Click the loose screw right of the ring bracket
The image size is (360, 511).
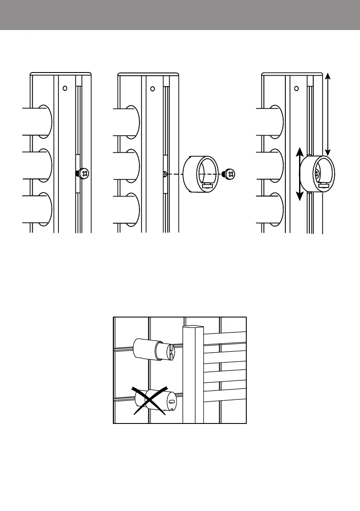pyautogui.click(x=230, y=174)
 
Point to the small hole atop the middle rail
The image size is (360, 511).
pyautogui.click(x=152, y=89)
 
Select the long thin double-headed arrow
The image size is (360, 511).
pyautogui.click(x=328, y=114)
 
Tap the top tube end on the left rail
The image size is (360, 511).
pyautogui.click(x=45, y=121)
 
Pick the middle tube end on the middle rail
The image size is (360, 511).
pyautogui.click(x=133, y=166)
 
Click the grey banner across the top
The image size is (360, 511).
pyautogui.click(x=180, y=15)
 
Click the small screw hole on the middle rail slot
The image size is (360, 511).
pyautogui.click(x=165, y=174)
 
